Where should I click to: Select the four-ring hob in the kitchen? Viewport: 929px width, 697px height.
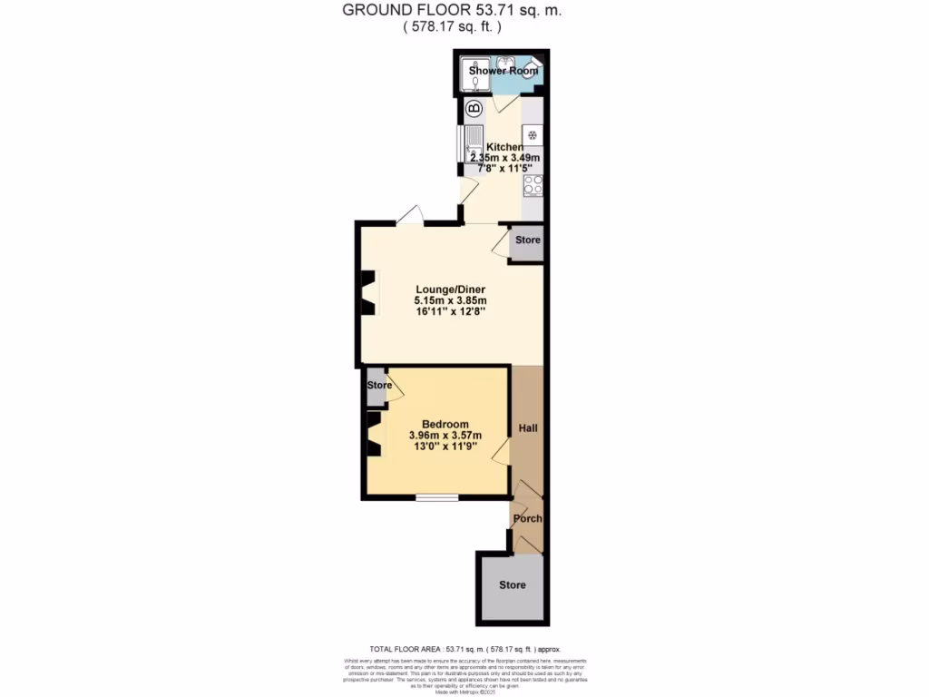pos(533,185)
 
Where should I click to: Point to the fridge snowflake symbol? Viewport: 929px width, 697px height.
pos(533,135)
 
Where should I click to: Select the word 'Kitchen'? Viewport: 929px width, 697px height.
pos(504,147)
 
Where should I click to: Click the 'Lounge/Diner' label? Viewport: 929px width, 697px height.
pos(451,289)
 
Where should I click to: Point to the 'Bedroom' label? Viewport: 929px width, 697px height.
pos(445,424)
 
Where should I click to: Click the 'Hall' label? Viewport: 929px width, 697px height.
pos(528,427)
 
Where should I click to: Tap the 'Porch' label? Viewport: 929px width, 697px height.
pos(528,519)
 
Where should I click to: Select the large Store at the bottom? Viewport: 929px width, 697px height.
pos(513,585)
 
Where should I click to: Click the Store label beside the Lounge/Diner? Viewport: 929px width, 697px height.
pos(528,241)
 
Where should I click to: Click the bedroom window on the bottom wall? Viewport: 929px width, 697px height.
pos(437,496)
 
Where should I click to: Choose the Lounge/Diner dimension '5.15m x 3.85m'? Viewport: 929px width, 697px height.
pos(451,300)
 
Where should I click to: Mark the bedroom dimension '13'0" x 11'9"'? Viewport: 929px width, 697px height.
pos(445,447)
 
